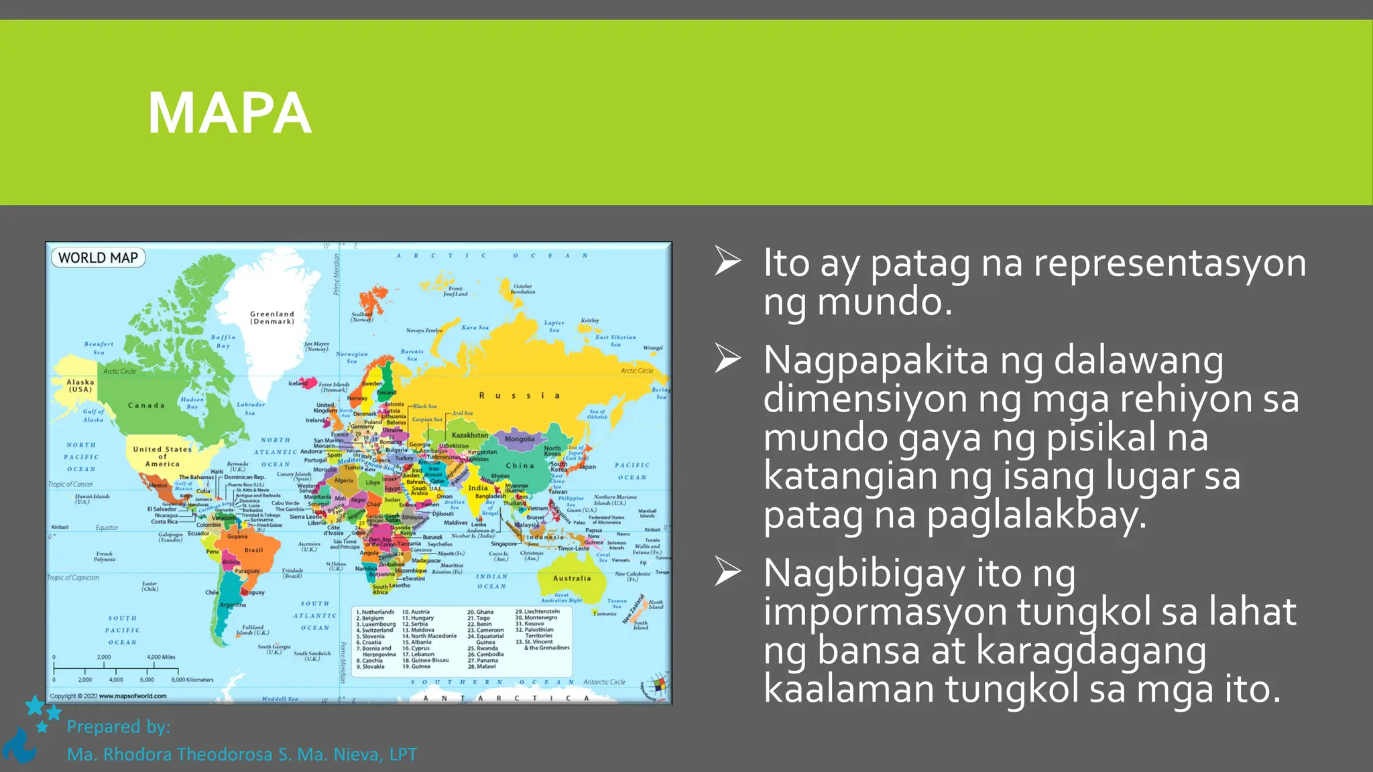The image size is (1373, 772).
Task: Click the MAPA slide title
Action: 229,113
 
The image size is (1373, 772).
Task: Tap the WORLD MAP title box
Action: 98,258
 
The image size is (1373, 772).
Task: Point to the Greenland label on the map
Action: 272,318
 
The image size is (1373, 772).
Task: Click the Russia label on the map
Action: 520,396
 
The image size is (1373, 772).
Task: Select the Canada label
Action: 146,405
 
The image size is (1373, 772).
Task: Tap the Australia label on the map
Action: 572,578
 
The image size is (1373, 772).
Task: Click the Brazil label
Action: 253,550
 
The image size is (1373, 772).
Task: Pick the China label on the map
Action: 520,466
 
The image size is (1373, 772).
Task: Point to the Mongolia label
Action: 520,440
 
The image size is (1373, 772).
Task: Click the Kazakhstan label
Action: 470,436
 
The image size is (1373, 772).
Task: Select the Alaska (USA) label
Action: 80,385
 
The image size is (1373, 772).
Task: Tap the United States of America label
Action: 162,456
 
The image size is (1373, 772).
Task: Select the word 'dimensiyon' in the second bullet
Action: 864,399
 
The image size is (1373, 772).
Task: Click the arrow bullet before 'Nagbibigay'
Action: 727,572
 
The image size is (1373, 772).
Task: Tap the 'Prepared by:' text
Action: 119,726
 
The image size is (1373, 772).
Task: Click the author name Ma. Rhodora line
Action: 241,755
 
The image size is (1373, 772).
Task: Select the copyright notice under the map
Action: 109,696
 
